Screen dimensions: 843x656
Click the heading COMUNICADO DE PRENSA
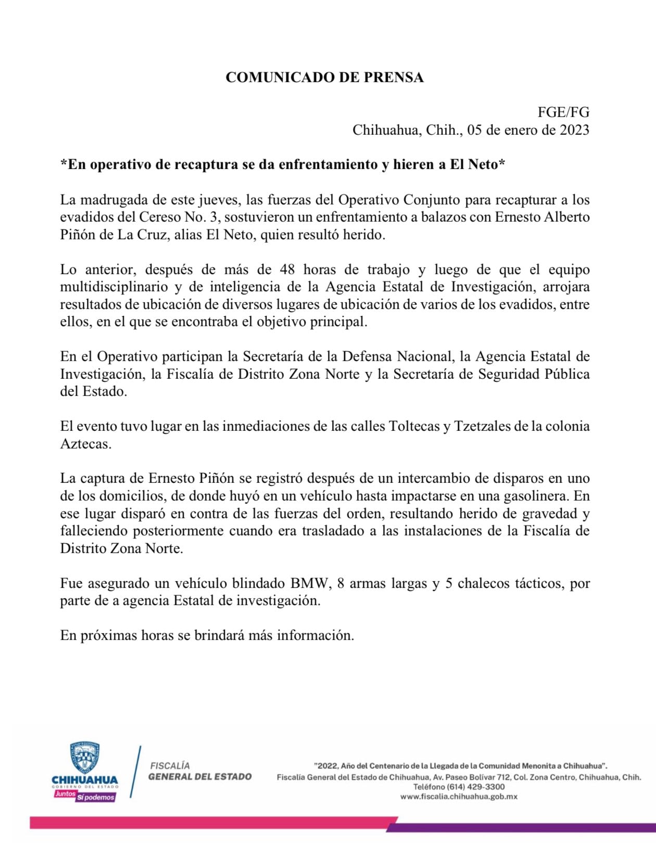(x=324, y=78)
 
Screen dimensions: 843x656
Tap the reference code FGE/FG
(x=563, y=112)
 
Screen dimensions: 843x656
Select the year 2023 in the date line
(x=574, y=130)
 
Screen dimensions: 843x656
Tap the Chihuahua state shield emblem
(x=85, y=757)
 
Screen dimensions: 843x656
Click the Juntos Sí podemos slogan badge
(x=85, y=796)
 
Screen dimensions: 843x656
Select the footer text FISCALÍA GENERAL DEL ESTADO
(x=199, y=771)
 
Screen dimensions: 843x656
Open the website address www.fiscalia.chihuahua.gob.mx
(x=459, y=797)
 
